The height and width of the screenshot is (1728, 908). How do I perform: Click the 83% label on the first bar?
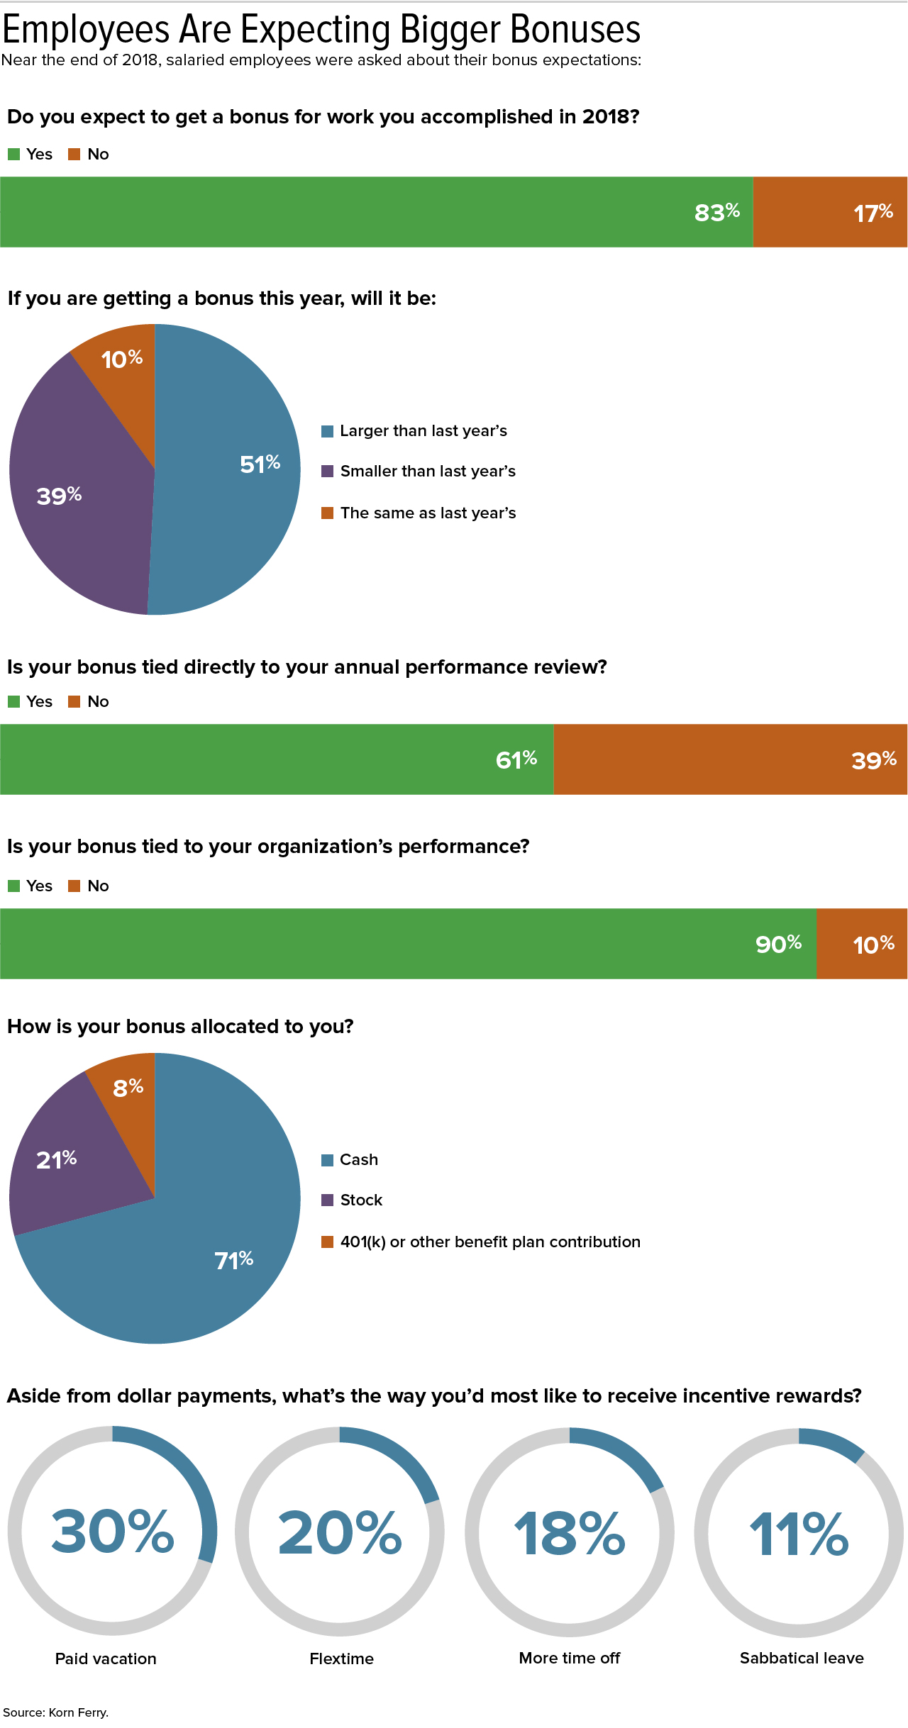(716, 212)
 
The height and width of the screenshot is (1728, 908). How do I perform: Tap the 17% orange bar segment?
(830, 212)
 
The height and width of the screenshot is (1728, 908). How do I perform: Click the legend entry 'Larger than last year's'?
(423, 431)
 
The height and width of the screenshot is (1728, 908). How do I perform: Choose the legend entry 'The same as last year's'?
(427, 513)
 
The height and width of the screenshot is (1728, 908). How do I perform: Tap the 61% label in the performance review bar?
(516, 759)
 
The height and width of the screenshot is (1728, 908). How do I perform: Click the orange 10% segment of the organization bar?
(862, 944)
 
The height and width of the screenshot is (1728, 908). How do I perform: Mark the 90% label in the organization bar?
(778, 944)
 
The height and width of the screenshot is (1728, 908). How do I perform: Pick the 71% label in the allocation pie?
(233, 1259)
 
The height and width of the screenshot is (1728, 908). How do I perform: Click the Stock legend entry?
(360, 1200)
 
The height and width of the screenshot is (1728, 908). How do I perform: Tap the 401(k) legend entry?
(489, 1242)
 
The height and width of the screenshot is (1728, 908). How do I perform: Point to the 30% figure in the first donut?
(112, 1532)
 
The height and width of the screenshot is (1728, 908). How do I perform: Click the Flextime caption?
(341, 1659)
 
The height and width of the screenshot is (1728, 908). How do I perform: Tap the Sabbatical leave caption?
(802, 1658)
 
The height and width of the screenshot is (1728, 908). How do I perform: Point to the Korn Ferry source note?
(56, 1712)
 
